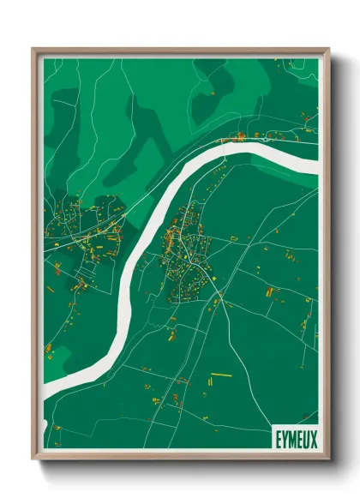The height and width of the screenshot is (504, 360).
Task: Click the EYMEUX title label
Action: coord(295,439)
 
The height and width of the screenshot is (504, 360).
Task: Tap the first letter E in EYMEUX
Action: coord(278,439)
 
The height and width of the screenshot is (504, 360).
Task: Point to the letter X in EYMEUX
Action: coord(313,439)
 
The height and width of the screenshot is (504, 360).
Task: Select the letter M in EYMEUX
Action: coord(291,439)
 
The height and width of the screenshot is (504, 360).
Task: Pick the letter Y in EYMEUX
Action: coord(284,439)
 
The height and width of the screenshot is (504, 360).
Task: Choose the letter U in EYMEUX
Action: coord(306,439)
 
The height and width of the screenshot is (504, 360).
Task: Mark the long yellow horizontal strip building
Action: coord(221,375)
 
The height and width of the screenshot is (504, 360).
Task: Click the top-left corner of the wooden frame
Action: coord(33,49)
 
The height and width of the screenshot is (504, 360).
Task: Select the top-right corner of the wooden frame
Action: coord(328,49)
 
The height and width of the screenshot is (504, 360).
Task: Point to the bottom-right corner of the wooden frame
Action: coord(328,459)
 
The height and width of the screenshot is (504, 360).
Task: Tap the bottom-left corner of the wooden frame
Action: coord(33,459)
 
